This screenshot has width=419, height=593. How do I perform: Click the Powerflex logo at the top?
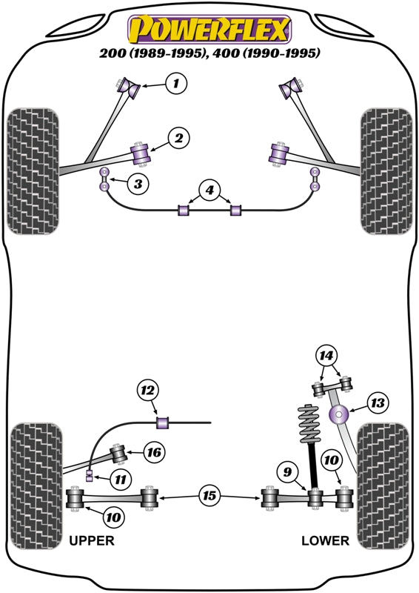pyautogui.click(x=209, y=30)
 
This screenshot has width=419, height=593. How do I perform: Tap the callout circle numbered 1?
pyautogui.click(x=175, y=84)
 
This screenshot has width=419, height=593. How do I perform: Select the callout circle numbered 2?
pyautogui.click(x=178, y=137)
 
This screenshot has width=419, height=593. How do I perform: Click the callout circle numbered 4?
pyautogui.click(x=210, y=191)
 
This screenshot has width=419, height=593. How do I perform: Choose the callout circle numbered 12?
pyautogui.click(x=148, y=390)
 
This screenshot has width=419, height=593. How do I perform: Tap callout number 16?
pyautogui.click(x=153, y=452)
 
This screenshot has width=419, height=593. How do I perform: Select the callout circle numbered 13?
pyautogui.click(x=378, y=403)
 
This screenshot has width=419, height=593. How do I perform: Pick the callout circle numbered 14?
pyautogui.click(x=326, y=356)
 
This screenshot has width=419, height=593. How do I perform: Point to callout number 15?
pyautogui.click(x=209, y=495)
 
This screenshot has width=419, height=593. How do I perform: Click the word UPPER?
pyautogui.click(x=92, y=540)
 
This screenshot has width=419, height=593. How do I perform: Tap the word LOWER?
pyautogui.click(x=325, y=540)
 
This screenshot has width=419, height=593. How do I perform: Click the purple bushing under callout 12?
pyautogui.click(x=164, y=423)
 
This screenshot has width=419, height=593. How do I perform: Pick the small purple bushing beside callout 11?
pyautogui.click(x=90, y=474)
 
